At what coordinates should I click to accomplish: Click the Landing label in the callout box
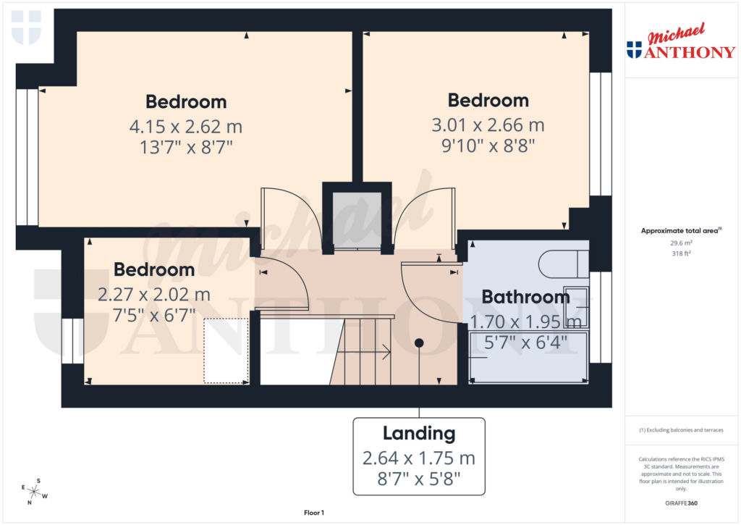419,434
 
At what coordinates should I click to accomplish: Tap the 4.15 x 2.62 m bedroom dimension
185,127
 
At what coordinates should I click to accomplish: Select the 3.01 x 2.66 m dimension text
488,125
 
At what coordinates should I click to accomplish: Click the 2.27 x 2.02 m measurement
154,295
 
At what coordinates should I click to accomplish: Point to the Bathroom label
526,297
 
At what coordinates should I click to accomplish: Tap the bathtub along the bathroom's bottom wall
528,357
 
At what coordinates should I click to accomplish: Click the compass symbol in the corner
33,492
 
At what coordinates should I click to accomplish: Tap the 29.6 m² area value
681,243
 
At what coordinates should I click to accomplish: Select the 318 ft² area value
681,255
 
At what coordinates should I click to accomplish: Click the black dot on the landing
419,343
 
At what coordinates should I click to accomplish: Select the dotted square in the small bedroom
226,350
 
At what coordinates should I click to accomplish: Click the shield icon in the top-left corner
26,27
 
